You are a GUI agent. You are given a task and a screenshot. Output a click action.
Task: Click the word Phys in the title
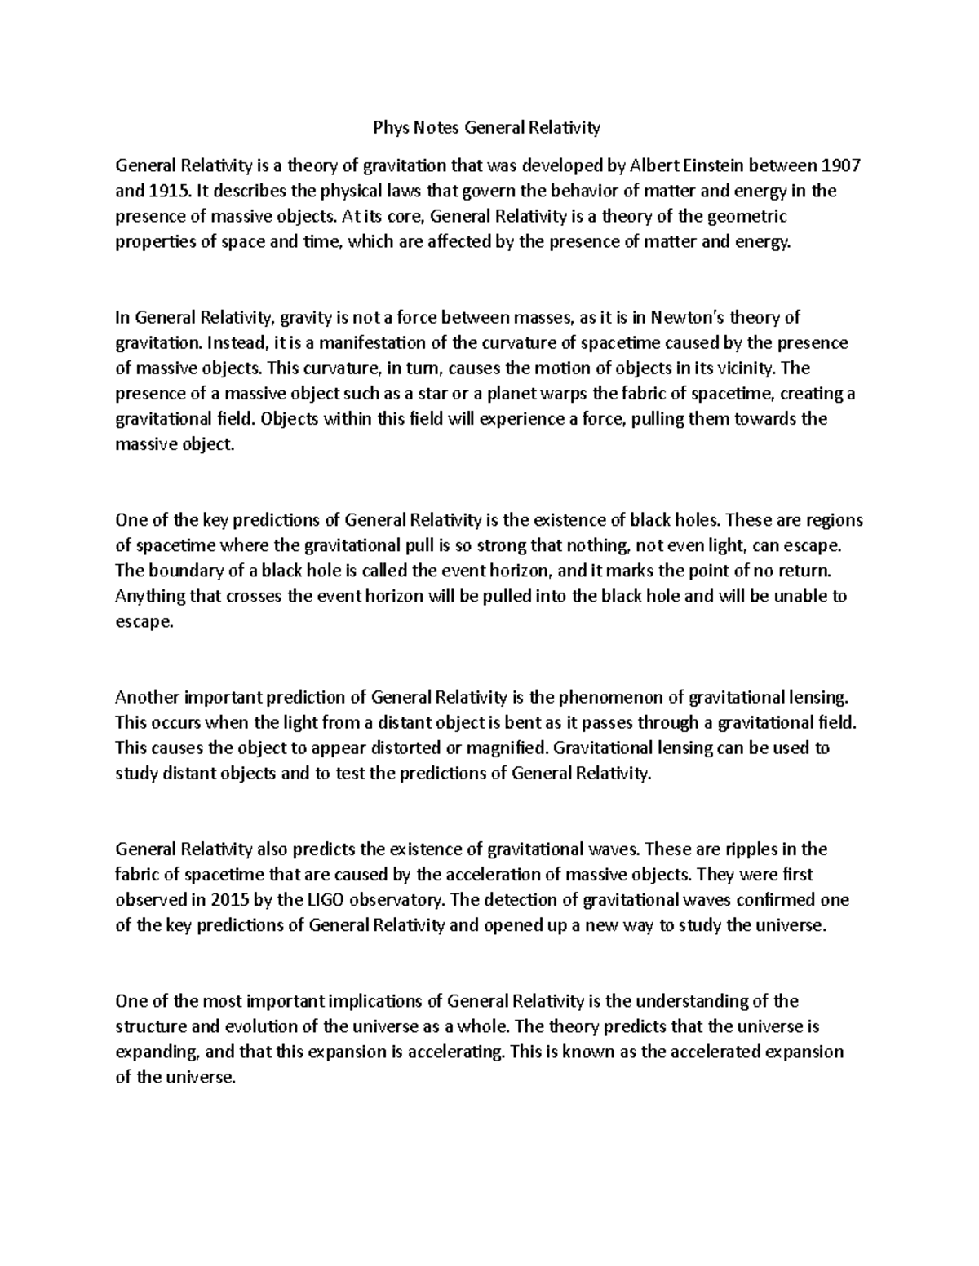389,127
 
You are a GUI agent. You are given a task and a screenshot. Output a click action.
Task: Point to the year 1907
840,166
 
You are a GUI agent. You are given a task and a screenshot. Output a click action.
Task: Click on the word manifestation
383,342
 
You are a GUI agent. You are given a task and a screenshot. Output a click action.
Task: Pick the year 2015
228,900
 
